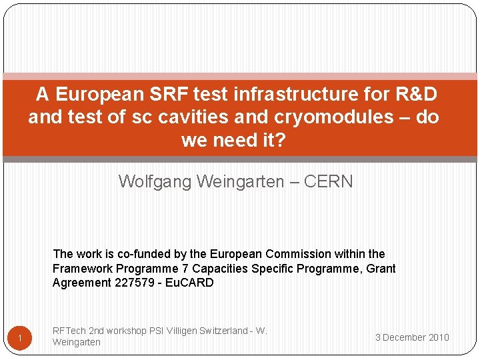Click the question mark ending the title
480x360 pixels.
[x=280, y=141]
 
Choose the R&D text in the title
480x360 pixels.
[x=415, y=94]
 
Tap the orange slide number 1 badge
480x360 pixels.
[x=20, y=340]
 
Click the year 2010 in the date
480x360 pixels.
[x=439, y=337]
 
